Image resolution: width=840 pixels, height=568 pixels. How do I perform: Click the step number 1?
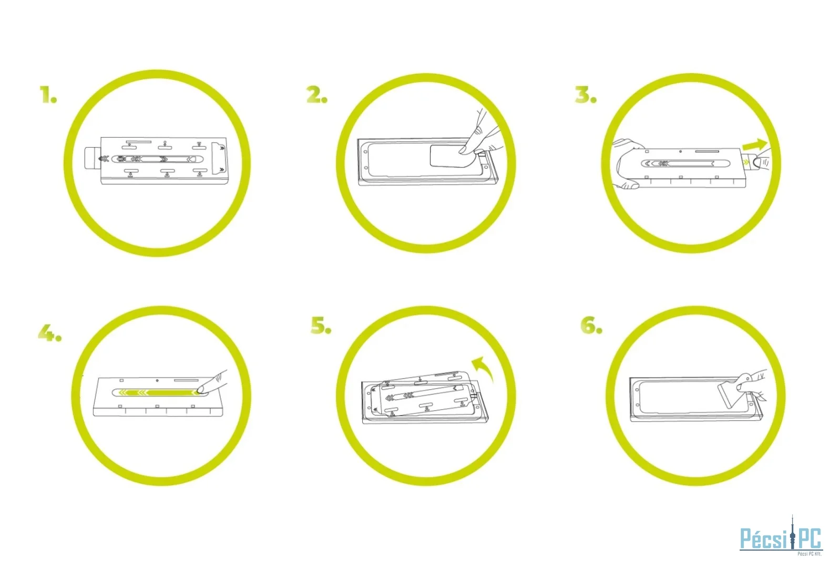click(x=48, y=95)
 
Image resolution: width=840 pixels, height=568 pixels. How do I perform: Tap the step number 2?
click(x=317, y=95)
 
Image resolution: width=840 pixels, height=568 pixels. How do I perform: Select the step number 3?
click(x=586, y=95)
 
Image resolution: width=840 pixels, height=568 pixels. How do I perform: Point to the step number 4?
click(x=49, y=333)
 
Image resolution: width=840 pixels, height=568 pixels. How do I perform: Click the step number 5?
click(x=321, y=325)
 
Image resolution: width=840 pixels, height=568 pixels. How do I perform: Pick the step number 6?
click(x=591, y=325)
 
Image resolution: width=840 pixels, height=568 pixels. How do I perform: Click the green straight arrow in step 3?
click(x=755, y=145)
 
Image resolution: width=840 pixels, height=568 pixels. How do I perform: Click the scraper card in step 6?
click(x=733, y=394)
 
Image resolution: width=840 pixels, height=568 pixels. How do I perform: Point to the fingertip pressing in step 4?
click(x=201, y=389)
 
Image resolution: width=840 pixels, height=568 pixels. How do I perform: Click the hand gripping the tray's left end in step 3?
click(x=626, y=163)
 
